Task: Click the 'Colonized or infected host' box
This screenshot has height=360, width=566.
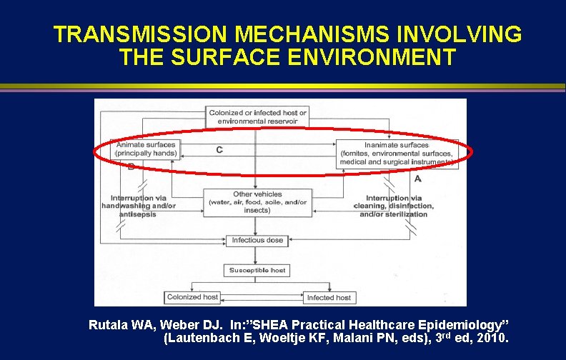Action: coord(257,116)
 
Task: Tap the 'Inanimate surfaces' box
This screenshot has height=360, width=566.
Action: coord(396,154)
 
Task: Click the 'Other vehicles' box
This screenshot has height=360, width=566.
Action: coord(257,202)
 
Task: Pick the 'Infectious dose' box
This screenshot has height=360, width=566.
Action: coord(257,240)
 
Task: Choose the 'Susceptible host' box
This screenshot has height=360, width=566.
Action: coord(257,270)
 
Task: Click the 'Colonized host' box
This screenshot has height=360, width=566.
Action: coord(192,296)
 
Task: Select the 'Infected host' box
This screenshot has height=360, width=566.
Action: coord(329,297)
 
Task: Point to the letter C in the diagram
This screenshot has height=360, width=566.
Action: coord(219,149)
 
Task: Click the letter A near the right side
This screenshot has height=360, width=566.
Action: coord(417,179)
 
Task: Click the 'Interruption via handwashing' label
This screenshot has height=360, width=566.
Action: coord(143,206)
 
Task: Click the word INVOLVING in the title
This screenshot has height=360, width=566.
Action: coord(447,34)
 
